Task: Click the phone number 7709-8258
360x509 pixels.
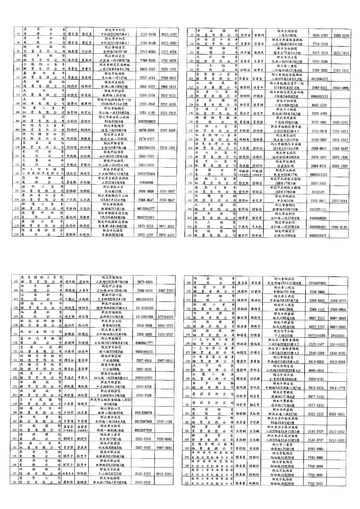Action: (x=148, y=60)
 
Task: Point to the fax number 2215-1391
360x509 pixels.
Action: (x=168, y=148)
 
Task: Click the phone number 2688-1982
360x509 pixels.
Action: (x=320, y=35)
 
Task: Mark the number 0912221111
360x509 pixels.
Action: (x=320, y=209)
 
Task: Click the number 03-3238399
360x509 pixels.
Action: (x=145, y=308)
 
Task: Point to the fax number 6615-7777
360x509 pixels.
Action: (x=166, y=325)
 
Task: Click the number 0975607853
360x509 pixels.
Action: (x=318, y=283)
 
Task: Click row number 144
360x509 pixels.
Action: (x=191, y=236)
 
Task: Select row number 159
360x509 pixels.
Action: (x=16, y=404)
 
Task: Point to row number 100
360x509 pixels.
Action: (x=18, y=60)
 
